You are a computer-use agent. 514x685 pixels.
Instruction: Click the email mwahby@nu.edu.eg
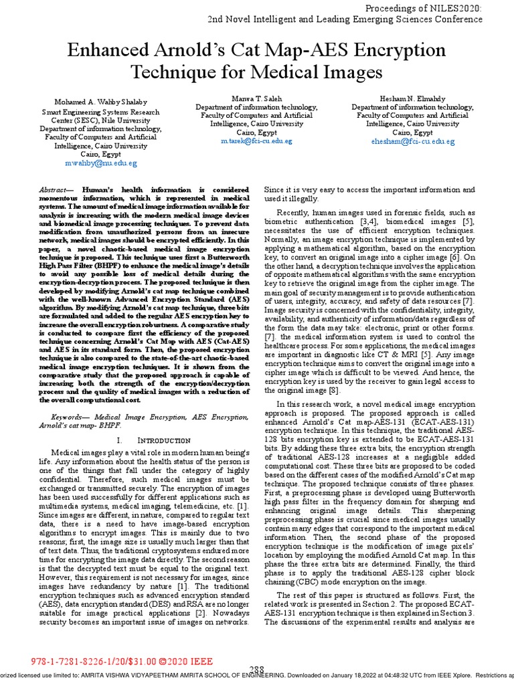[90, 163]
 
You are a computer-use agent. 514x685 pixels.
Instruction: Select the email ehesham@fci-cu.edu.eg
[413, 142]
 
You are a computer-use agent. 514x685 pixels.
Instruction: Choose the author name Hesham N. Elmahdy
[413, 98]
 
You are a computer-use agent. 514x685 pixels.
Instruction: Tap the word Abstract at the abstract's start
[55, 191]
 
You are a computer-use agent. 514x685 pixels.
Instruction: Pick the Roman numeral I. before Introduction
[119, 441]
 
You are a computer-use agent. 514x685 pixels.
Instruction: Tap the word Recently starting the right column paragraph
[297, 213]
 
